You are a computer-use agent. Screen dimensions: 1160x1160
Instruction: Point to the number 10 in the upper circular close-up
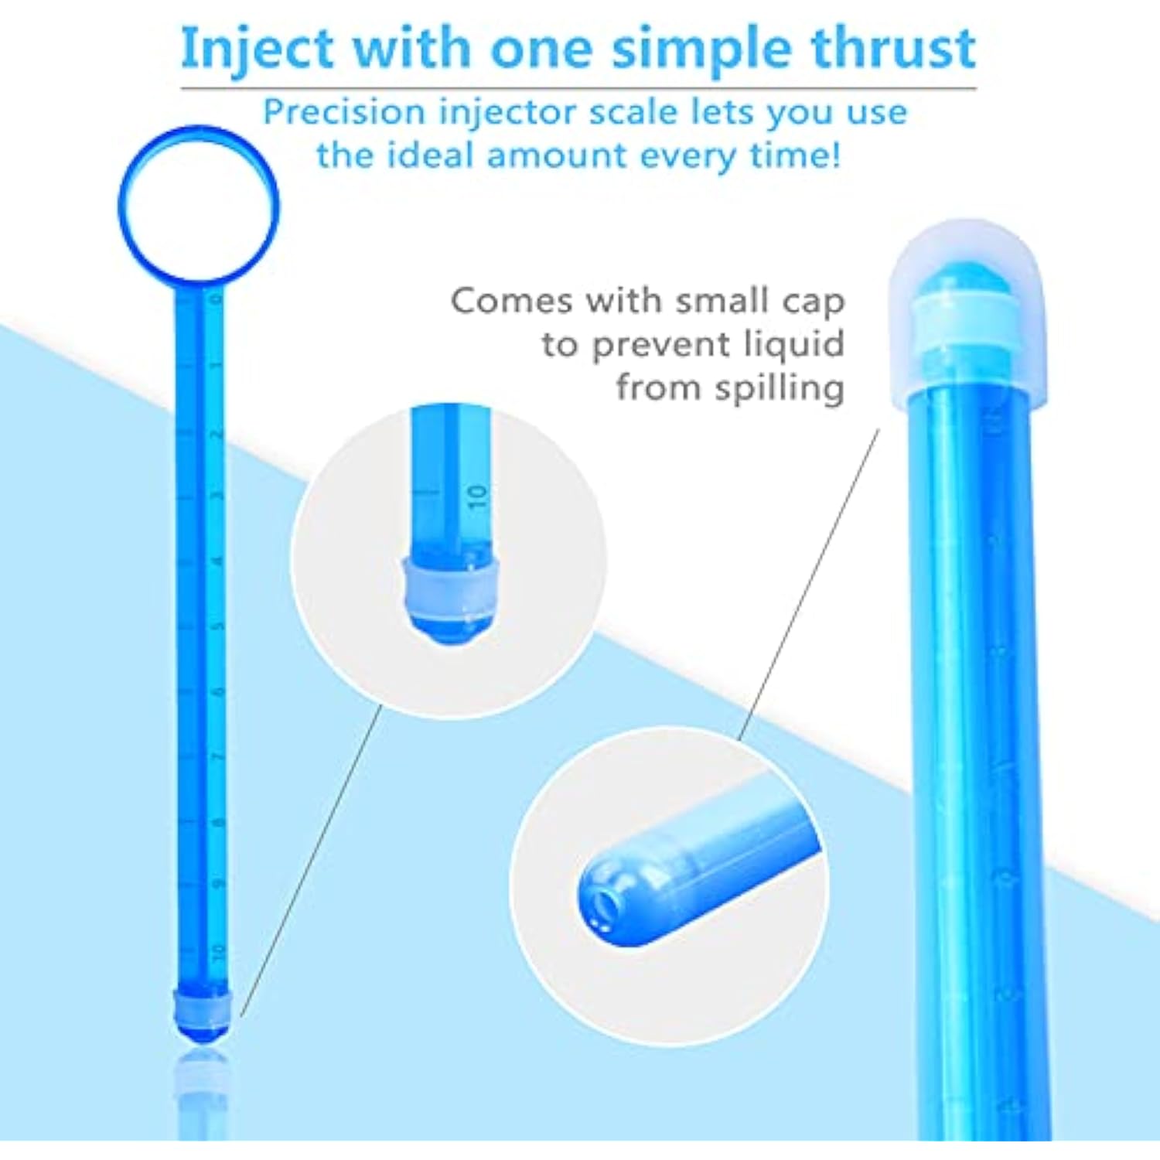(478, 496)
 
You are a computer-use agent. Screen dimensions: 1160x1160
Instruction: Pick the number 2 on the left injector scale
(217, 433)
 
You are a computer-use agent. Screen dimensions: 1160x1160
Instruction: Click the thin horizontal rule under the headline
(578, 88)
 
